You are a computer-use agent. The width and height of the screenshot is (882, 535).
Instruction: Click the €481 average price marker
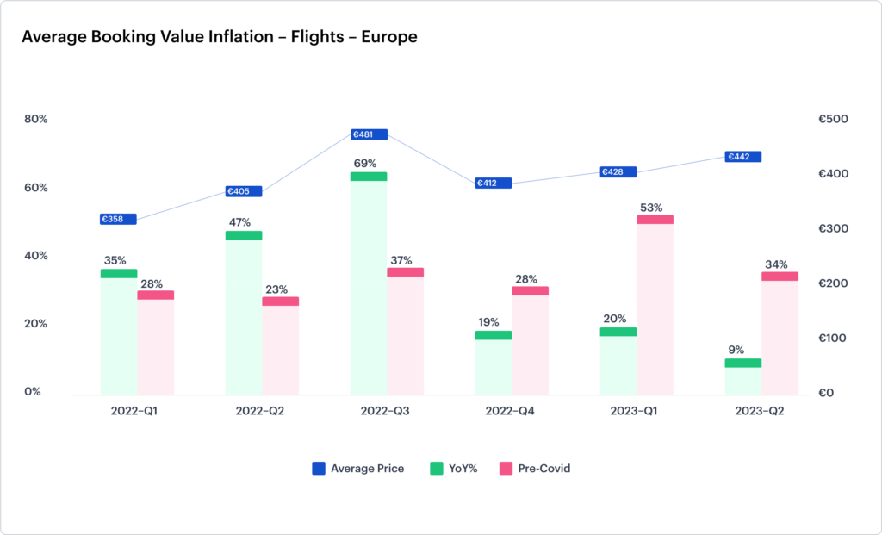[x=370, y=134]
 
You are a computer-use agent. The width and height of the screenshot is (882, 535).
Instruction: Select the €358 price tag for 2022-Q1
[x=118, y=219]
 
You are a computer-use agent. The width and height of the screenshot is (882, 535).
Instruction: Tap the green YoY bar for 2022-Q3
[x=369, y=284]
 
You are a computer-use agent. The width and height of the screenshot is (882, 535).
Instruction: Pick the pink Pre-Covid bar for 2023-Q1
[x=655, y=306]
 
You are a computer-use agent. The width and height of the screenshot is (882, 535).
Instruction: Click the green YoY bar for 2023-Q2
[x=742, y=376]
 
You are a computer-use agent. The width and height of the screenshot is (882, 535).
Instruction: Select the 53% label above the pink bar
[x=651, y=207]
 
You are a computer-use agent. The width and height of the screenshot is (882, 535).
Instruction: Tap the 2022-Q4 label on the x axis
[x=510, y=412]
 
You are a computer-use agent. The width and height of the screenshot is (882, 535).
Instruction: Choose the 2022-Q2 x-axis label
[x=260, y=412]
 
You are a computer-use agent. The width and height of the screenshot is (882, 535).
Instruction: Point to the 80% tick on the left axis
[x=35, y=119]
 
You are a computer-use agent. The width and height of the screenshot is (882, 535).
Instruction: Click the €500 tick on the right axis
[x=834, y=119]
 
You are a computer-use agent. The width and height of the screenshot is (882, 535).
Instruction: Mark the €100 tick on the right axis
[x=834, y=338]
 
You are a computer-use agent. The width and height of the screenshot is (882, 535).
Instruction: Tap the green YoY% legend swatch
[x=437, y=469]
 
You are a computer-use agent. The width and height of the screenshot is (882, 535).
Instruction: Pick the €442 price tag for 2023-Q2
[x=743, y=157]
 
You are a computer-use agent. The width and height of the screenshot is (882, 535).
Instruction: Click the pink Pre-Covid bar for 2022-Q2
[x=281, y=345]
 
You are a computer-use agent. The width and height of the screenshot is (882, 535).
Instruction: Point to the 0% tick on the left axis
[x=33, y=392]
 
